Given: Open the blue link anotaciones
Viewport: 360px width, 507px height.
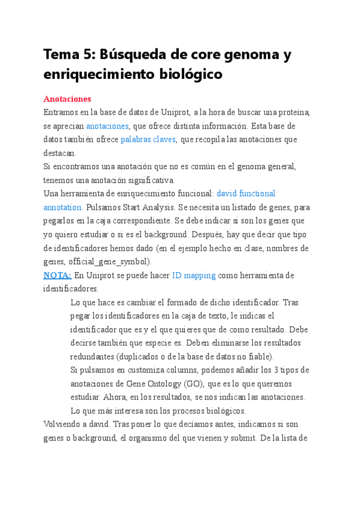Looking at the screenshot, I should click(107, 126).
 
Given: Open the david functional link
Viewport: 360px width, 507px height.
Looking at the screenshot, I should click(245, 193).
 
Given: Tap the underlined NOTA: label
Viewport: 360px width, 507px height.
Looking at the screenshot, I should click(57, 275).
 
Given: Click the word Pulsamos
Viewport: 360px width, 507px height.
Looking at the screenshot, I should click(102, 207).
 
